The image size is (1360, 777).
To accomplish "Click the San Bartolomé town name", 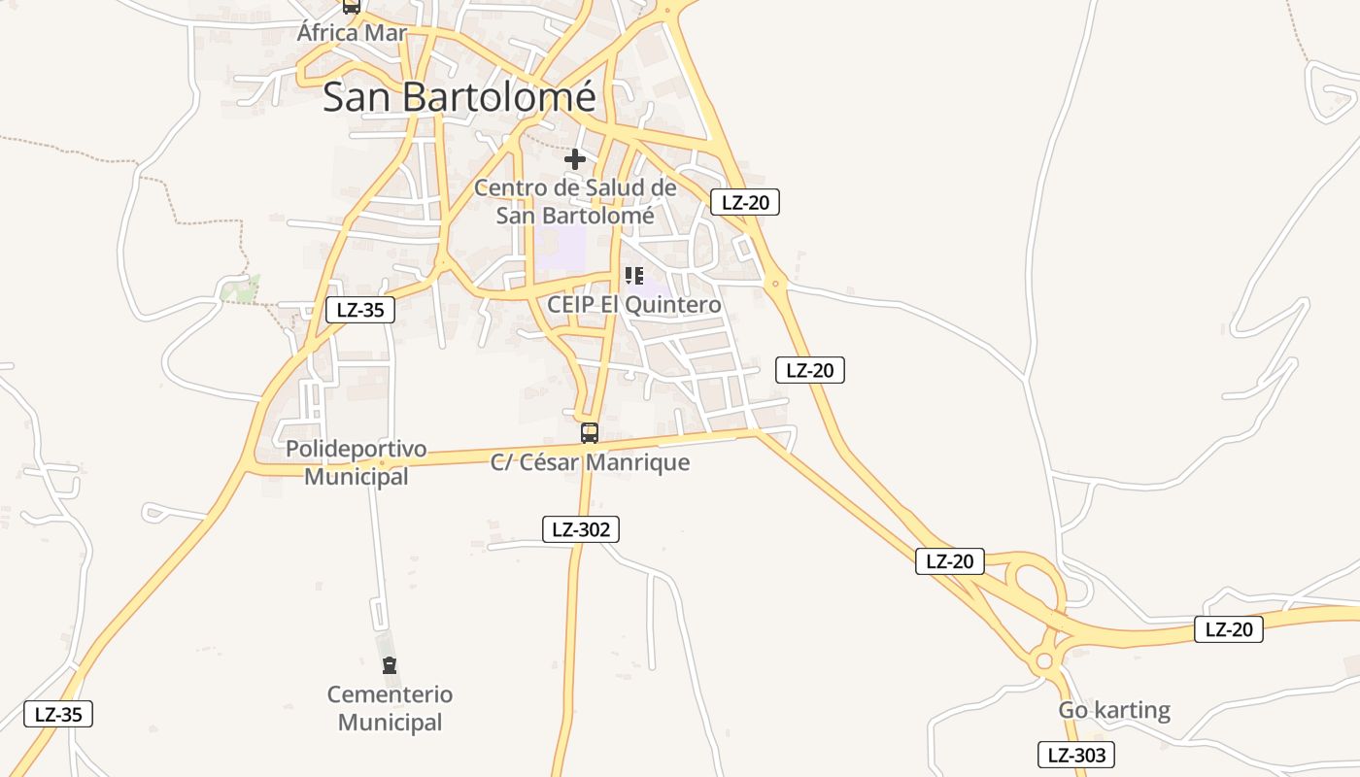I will pos(459,97).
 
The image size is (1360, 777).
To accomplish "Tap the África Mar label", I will pos(352,33).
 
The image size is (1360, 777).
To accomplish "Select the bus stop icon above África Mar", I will pos(352,6).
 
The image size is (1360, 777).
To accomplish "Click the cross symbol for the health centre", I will pos(575,158).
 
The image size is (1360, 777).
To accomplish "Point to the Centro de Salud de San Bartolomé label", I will pos(575,201).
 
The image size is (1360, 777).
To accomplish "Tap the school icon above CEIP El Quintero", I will pos(634,276).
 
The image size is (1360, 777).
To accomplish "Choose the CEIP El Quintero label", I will pos(634,305).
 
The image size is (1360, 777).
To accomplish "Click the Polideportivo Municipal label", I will pos(356,463).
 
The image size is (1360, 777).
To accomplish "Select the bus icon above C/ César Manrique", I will pos(589,433).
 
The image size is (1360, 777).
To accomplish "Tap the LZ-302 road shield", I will pos(581,529).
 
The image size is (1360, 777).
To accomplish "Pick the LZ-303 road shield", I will pos(1075,755).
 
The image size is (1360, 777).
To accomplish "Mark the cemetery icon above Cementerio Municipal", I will pos(390,665).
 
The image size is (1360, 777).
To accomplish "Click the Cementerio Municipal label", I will pos(390,708).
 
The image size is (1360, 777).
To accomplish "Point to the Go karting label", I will pos(1114,710).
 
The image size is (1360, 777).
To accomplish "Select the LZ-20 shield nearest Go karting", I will pos(1229,629).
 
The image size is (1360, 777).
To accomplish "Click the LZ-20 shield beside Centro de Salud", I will pos(745,202).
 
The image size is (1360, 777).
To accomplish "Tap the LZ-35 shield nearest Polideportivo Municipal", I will pos(359,311).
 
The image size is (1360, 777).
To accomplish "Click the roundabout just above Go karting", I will pos(1044,661).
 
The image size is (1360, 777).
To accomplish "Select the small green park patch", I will pos(239,288).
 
